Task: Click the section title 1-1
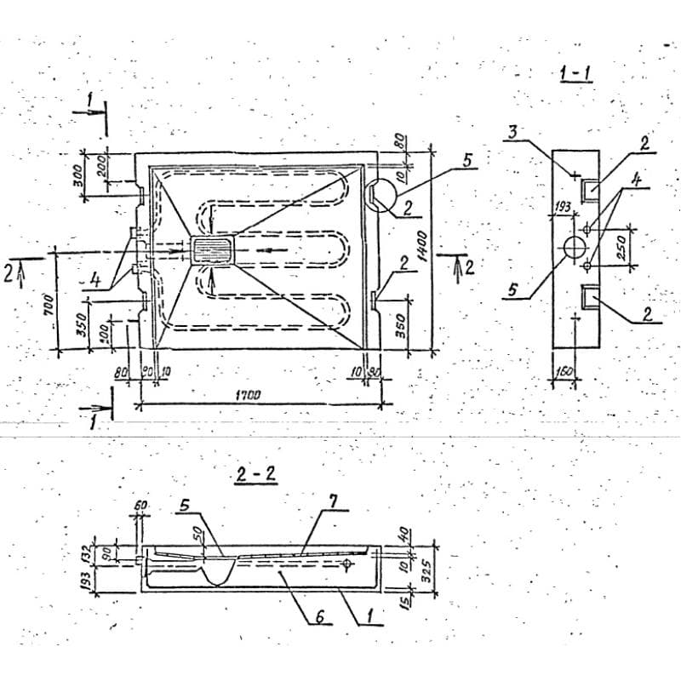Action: [576, 74]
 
